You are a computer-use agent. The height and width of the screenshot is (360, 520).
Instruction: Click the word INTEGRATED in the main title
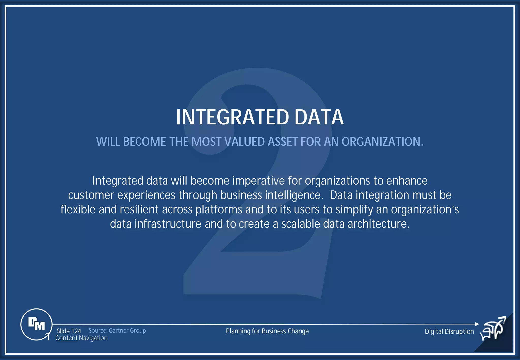(x=232, y=117)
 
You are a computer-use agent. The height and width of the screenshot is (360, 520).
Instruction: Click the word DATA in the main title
(x=319, y=117)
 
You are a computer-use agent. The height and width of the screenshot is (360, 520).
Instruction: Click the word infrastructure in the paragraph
(x=168, y=224)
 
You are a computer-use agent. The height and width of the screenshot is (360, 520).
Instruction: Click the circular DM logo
(x=37, y=324)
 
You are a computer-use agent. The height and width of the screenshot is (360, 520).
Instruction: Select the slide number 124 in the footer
(x=76, y=331)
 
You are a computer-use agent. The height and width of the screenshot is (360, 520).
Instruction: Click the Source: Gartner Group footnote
(x=117, y=331)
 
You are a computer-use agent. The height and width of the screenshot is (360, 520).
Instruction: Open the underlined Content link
(x=67, y=338)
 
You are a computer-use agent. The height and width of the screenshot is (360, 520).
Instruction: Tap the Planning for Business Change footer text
(x=267, y=331)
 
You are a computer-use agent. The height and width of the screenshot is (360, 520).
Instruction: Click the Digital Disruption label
(x=449, y=331)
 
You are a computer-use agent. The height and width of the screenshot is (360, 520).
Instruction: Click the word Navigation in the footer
(x=93, y=338)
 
